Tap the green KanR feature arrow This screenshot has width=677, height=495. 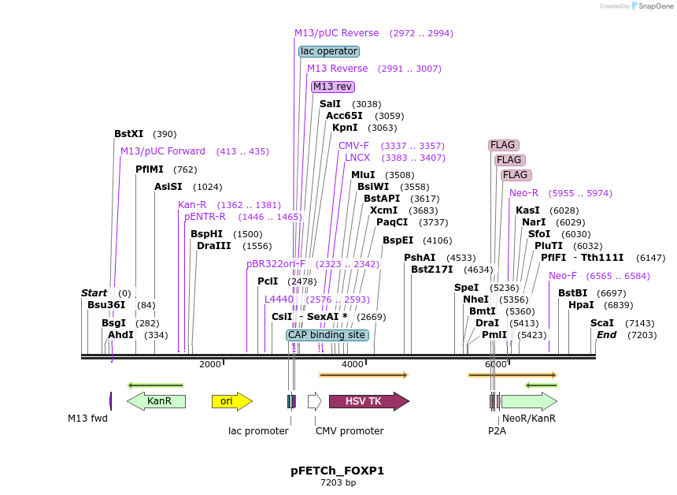(x=157, y=401)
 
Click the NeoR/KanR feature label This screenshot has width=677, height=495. (x=528, y=419)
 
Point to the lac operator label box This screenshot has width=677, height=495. (x=329, y=51)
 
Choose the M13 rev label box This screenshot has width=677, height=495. (x=333, y=87)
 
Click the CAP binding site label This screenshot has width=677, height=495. (x=327, y=335)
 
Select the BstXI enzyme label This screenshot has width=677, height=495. (x=129, y=134)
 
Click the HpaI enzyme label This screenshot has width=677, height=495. (x=581, y=305)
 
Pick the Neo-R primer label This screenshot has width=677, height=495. (x=523, y=193)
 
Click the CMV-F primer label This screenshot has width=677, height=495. (x=353, y=146)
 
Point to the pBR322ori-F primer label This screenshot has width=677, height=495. (x=276, y=264)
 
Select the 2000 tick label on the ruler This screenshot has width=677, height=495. (x=209, y=364)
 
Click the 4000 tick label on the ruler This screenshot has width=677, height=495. (x=352, y=364)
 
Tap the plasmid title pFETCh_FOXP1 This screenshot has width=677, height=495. (x=337, y=471)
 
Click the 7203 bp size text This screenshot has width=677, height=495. (x=338, y=482)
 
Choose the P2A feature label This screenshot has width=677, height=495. (x=496, y=431)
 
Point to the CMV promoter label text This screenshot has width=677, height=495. (x=350, y=431)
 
